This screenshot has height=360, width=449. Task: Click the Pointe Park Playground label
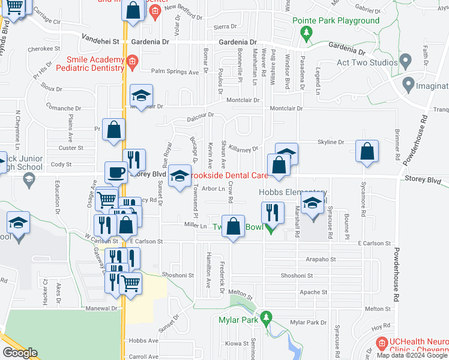(336, 20)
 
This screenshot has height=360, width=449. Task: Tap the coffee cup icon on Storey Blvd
(116, 173)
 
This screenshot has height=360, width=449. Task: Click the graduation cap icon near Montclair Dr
(141, 96)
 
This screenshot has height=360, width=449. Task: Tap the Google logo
(20, 353)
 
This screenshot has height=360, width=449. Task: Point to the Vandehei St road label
(101, 42)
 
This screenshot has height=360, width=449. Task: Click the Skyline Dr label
(331, 142)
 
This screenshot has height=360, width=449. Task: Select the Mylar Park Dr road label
(307, 323)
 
